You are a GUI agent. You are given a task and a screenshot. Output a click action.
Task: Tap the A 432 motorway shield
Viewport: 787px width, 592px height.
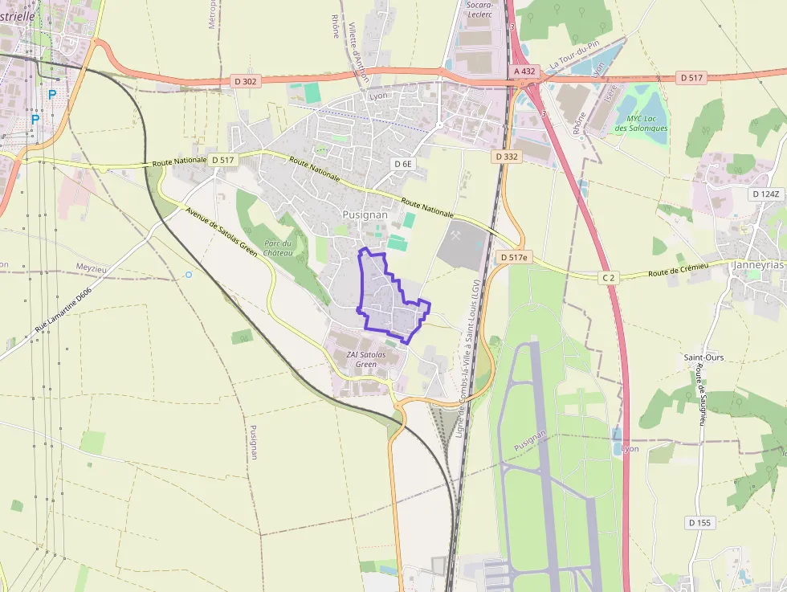524,71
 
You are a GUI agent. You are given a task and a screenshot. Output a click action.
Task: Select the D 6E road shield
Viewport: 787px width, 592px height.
403,164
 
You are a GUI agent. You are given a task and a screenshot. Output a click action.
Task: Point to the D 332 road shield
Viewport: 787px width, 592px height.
507,157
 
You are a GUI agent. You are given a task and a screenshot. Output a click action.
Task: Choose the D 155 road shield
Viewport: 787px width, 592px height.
699,523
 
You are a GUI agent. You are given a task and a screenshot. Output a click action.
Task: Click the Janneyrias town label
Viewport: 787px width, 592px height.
759,264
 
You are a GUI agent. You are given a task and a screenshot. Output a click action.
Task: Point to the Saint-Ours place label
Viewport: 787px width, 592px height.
703,357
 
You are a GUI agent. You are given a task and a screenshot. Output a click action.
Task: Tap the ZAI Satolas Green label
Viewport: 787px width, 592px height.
366,359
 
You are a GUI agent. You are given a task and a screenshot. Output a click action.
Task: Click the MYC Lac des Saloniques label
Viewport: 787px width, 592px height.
642,124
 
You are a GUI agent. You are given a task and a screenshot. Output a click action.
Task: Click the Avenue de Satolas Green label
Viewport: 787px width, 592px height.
221,233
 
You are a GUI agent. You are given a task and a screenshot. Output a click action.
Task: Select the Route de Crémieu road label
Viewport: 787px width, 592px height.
679,271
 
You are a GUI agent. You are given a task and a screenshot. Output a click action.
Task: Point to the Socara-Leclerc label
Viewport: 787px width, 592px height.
479,9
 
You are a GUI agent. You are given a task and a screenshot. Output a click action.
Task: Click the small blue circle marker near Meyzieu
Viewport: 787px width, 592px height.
189,275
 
